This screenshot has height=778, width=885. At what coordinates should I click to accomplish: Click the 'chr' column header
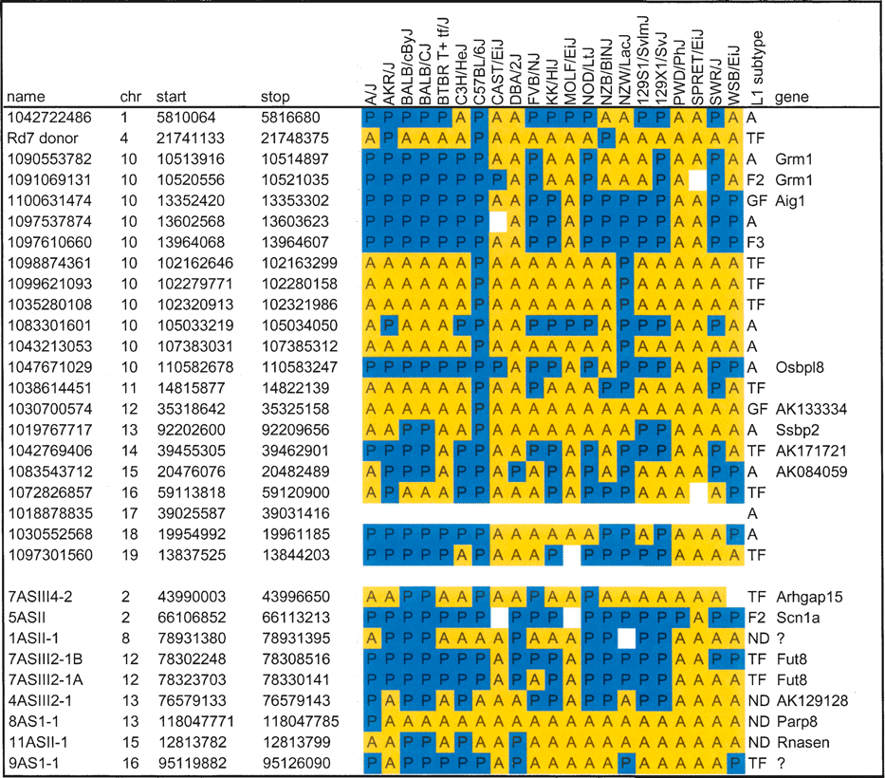point(129,97)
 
